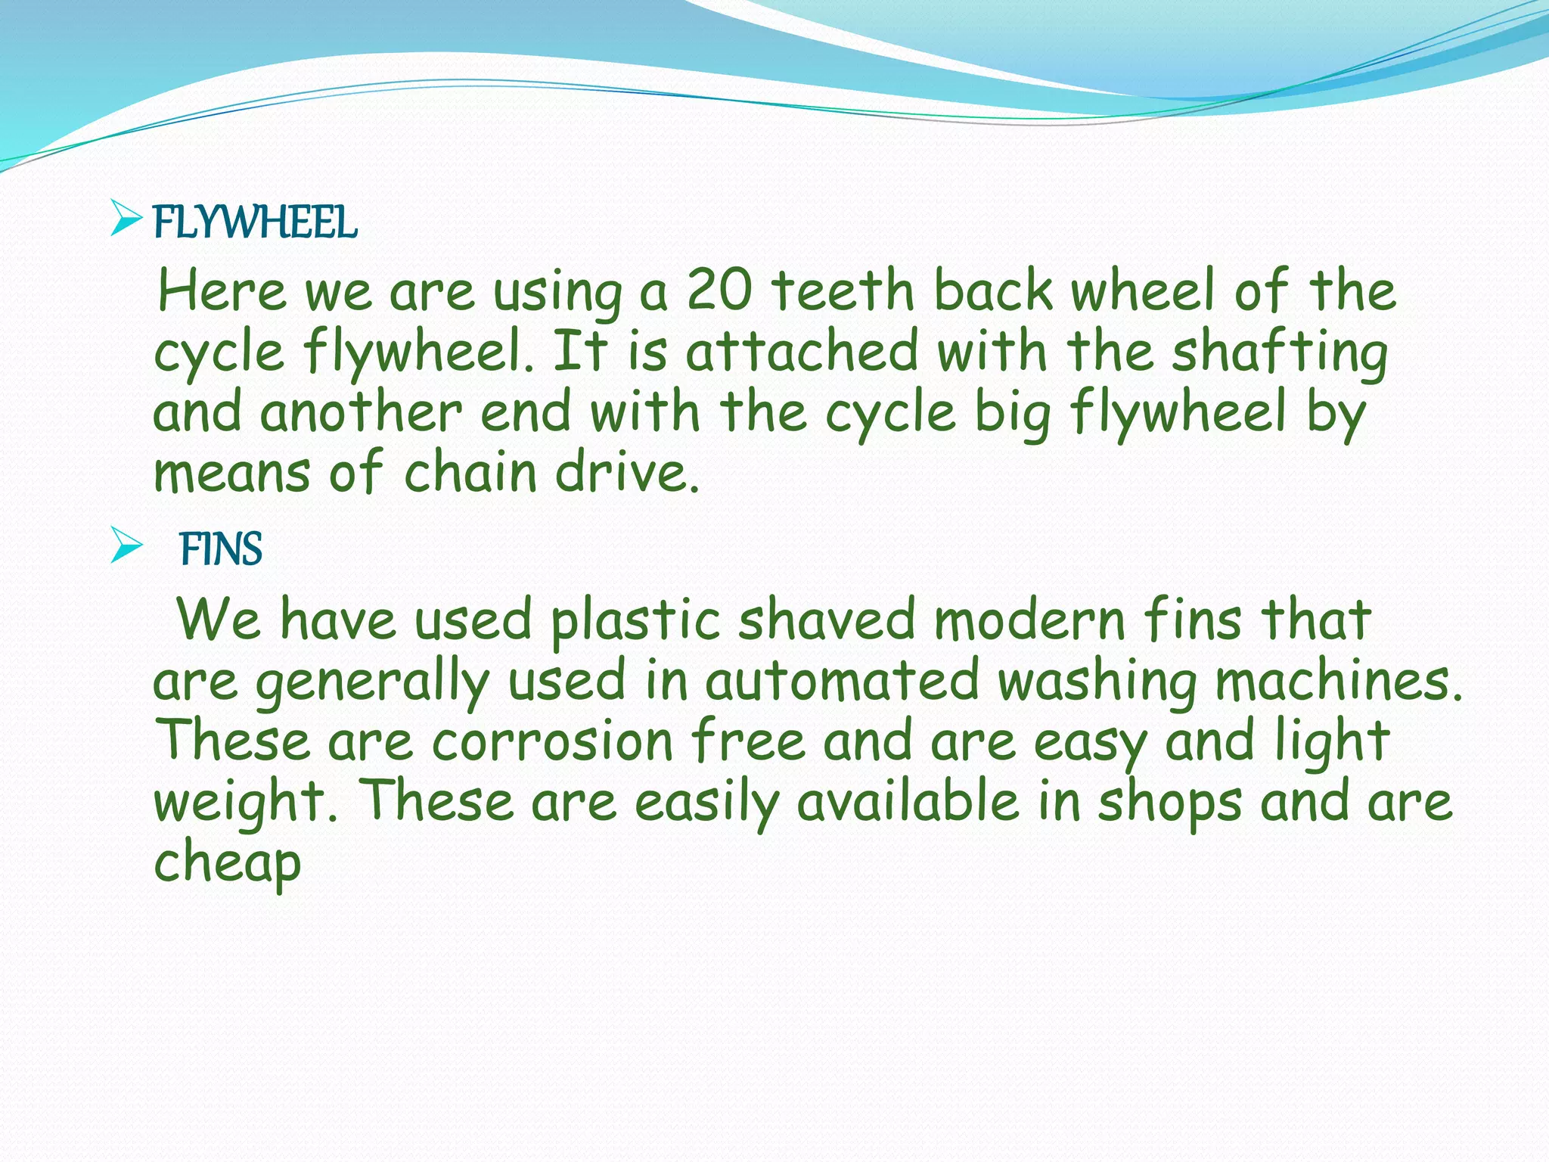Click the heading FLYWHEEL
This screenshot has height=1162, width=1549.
coord(255,222)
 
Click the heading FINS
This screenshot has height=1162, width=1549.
coord(221,549)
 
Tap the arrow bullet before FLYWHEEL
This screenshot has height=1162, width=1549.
coord(126,219)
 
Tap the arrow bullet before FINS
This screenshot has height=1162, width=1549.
coord(126,545)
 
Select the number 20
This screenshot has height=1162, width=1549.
coord(719,290)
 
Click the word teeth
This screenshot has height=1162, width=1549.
coord(843,290)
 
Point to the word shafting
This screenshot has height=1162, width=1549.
coord(1280,353)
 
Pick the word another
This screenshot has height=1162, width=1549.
coord(361,413)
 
